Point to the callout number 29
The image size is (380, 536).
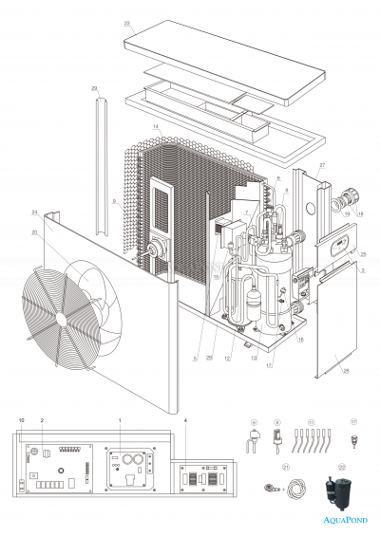point(94,88)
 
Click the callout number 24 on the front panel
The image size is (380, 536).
point(34,212)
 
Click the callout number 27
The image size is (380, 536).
point(322,165)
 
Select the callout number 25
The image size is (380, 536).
point(363,254)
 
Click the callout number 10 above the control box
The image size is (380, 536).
point(21,418)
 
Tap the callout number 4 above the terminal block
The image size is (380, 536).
point(185,419)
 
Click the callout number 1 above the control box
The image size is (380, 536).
point(120,418)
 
